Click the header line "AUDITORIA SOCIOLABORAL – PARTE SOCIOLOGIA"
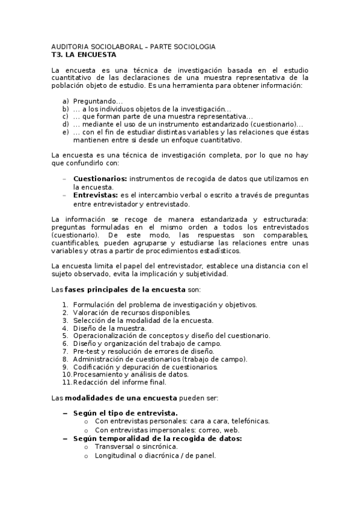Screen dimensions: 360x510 [133, 46]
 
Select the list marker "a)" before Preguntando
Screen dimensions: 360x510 [66, 102]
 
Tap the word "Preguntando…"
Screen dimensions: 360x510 [98, 102]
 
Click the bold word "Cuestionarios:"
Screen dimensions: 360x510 [100, 179]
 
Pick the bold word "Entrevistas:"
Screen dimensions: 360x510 [96, 195]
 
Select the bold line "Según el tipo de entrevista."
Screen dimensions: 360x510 [125, 413]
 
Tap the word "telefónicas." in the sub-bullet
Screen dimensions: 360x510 [248, 422]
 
